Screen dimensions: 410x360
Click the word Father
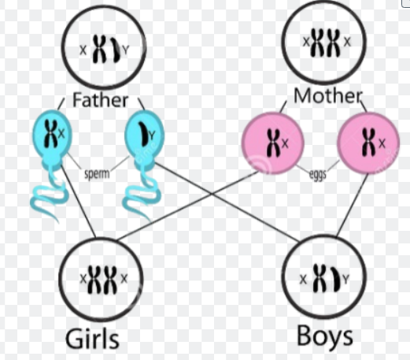100,100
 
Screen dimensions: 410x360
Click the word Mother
328,96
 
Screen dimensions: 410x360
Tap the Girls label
92,339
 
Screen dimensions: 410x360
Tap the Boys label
325,336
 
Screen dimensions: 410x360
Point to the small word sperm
97,174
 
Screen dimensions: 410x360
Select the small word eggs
318,175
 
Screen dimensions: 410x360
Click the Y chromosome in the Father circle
116,50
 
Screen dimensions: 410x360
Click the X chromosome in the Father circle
100,50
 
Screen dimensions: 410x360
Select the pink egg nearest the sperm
273,143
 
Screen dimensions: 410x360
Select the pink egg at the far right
368,143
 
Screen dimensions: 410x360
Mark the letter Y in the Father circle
126,50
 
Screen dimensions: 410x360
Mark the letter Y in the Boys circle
345,279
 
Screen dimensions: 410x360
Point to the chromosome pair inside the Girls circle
102,280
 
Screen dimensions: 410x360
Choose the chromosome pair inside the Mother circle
325,43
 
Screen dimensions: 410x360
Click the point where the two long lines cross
212,194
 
